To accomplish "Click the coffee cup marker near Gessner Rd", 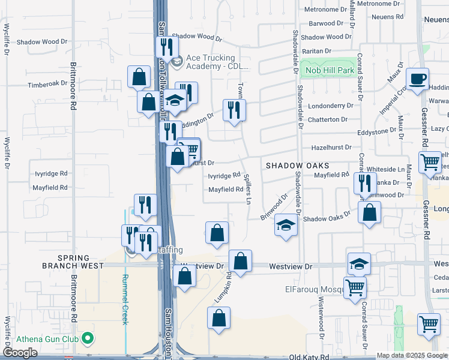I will (x=417, y=79).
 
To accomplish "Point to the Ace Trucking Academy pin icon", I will (x=177, y=61).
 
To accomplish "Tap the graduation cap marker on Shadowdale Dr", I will (x=286, y=226).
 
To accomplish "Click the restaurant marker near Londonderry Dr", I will (x=234, y=110).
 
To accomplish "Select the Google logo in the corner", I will (x=20, y=353).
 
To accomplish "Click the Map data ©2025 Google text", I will (x=412, y=356).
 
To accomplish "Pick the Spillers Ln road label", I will (x=247, y=189).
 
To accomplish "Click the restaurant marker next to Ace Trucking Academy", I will (x=167, y=47).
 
